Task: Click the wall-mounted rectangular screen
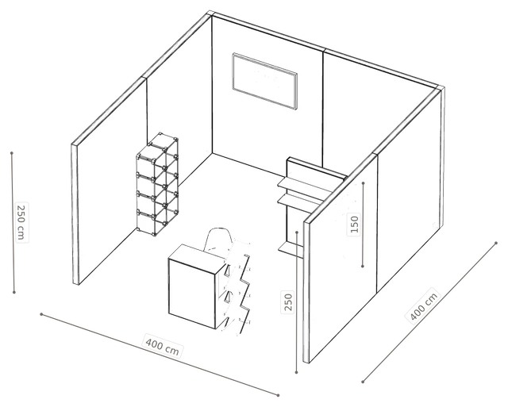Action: click(x=264, y=81)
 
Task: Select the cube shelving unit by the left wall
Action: click(x=157, y=183)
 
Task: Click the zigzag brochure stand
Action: click(x=238, y=288)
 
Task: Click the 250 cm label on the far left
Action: click(x=21, y=222)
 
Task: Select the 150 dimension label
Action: click(x=355, y=224)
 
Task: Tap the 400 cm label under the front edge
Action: click(x=163, y=347)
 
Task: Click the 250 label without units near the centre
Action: click(x=288, y=301)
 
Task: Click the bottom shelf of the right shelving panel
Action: click(x=291, y=248)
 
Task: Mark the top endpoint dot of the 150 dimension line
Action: click(x=364, y=183)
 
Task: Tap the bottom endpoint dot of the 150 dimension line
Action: click(x=363, y=266)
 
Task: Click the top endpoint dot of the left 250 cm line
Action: click(x=12, y=153)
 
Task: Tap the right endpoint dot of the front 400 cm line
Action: click(x=278, y=395)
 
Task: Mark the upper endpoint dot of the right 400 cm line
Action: click(x=496, y=243)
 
